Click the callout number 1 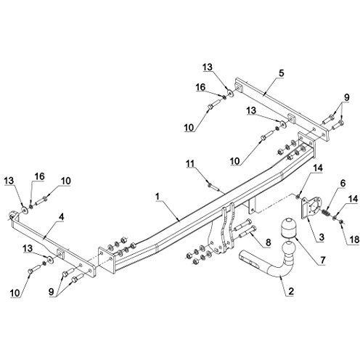(157, 197)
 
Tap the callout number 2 (291, 291)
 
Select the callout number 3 (322, 237)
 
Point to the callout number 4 (62, 217)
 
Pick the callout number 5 (281, 73)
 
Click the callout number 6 (343, 184)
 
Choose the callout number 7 (322, 260)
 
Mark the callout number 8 (268, 242)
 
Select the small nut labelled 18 (340, 221)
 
